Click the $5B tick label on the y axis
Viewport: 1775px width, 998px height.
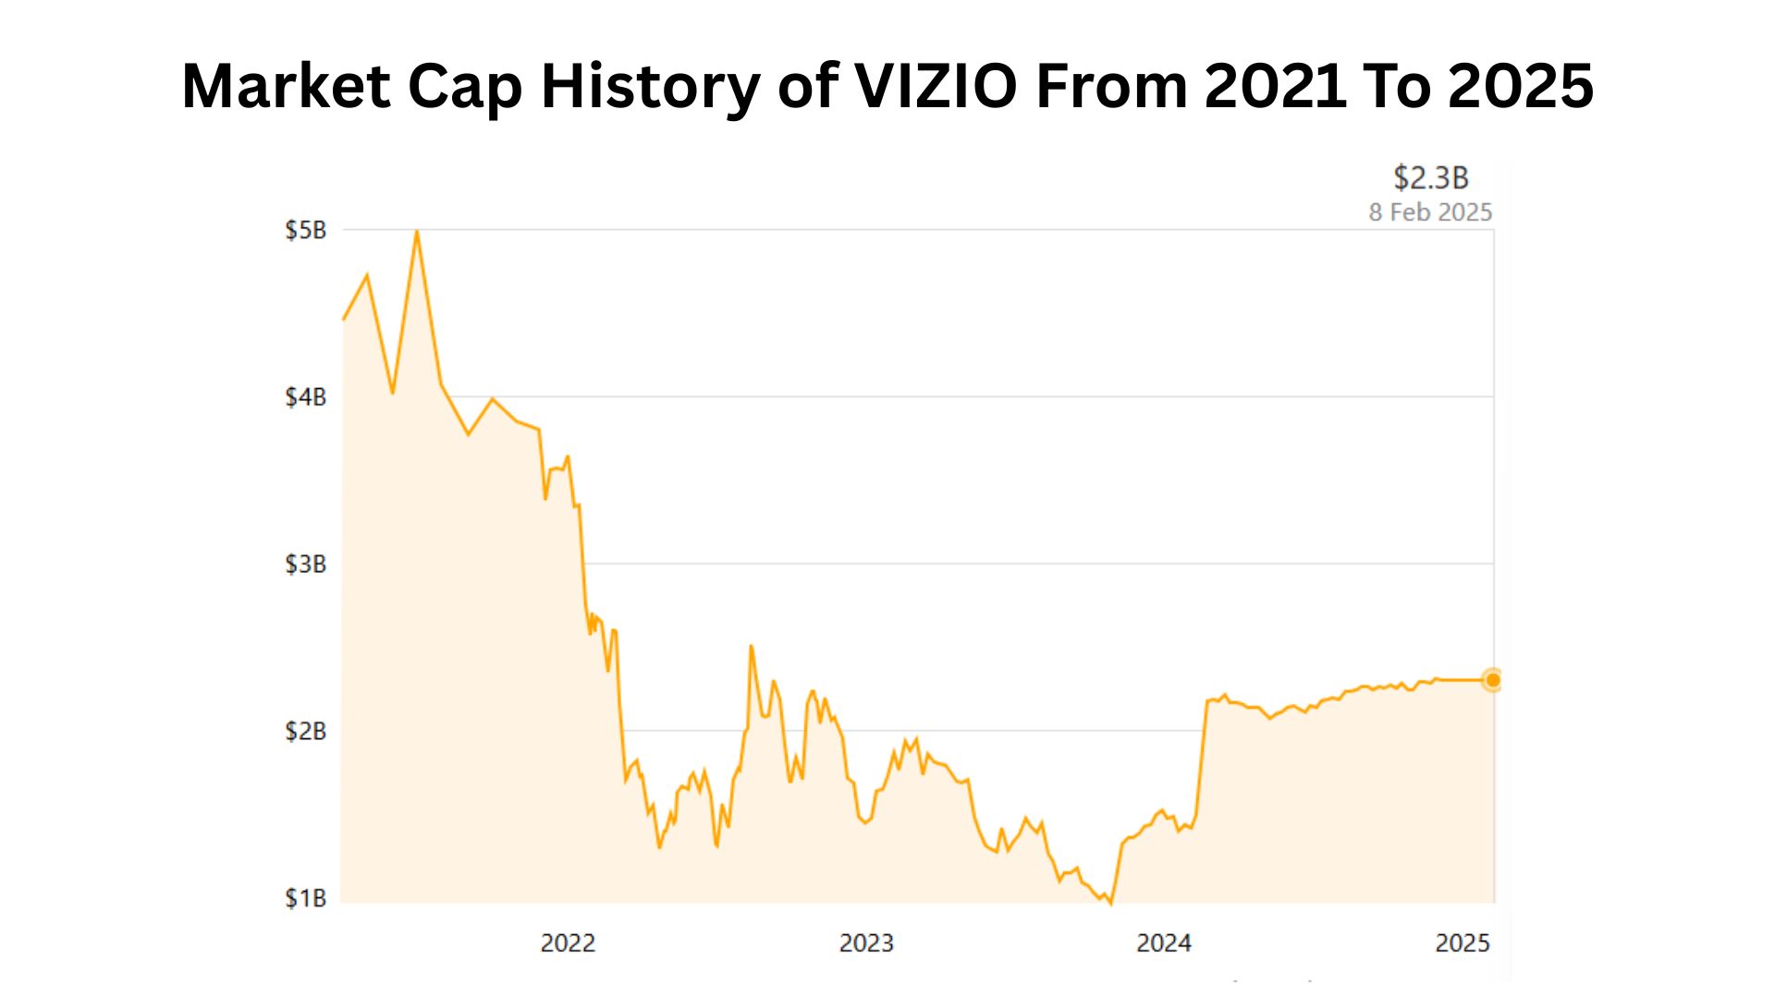(305, 230)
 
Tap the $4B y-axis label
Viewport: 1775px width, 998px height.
(305, 397)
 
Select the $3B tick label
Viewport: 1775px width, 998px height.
(305, 564)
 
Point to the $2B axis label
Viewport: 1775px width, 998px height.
(305, 731)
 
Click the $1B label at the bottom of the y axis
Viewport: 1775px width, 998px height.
(305, 898)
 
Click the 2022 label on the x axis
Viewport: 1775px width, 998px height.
(568, 943)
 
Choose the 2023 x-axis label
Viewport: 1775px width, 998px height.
(866, 943)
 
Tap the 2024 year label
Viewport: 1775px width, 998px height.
(1164, 943)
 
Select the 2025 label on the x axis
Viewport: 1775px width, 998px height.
(1463, 943)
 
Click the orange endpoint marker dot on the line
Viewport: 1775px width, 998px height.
(1492, 680)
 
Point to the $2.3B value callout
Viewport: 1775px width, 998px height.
(1430, 177)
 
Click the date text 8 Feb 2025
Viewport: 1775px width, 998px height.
(1430, 213)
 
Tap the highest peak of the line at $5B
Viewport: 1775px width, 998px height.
(417, 231)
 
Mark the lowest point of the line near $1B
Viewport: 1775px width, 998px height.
(1110, 903)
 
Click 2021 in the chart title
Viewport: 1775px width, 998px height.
(1276, 86)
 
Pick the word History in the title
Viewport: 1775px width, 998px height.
(650, 86)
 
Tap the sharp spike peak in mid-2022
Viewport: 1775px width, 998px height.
(751, 646)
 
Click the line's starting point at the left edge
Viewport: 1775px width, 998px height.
(344, 320)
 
